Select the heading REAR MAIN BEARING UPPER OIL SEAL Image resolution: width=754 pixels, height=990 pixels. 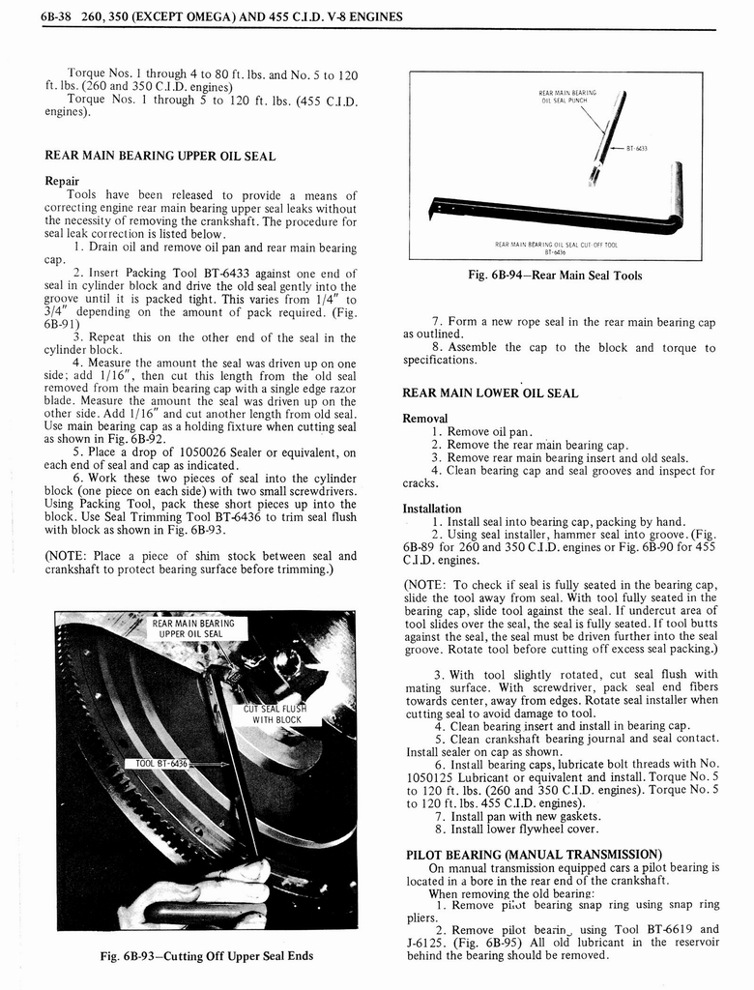[159, 156]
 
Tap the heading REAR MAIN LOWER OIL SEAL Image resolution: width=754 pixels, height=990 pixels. [490, 393]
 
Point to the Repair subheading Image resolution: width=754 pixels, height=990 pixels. [62, 181]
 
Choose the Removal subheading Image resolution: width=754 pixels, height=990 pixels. [425, 419]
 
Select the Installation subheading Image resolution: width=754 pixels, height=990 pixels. [431, 509]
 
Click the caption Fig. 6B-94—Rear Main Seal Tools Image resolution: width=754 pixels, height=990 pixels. [554, 276]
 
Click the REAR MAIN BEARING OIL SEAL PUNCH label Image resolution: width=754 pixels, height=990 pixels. [566, 98]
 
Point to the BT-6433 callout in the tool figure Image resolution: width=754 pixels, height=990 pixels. [635, 149]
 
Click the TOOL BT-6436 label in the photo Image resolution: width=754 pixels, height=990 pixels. [157, 763]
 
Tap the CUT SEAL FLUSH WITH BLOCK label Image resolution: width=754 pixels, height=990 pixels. [276, 713]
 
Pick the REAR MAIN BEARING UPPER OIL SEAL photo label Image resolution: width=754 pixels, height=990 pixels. [190, 628]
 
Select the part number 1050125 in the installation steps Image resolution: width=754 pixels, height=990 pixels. [434, 775]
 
